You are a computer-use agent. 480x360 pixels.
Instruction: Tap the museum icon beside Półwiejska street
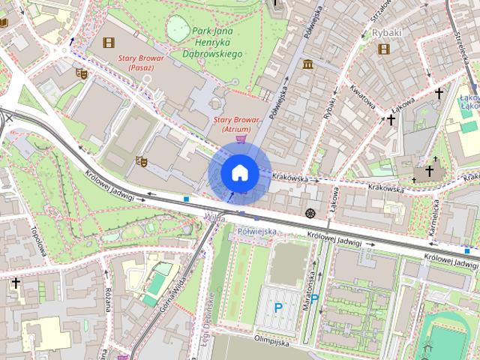click(308, 65)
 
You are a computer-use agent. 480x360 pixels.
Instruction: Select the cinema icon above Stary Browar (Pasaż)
click(109, 43)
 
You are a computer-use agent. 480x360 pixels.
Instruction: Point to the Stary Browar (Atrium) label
click(236, 124)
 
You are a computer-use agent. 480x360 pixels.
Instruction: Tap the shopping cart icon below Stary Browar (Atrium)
click(240, 138)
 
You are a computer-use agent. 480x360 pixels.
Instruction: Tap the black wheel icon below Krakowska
click(310, 214)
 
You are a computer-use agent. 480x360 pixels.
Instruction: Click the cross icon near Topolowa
click(16, 283)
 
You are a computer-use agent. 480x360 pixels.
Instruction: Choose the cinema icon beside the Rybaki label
click(385, 49)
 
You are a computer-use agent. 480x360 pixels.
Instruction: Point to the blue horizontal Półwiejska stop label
click(256, 232)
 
